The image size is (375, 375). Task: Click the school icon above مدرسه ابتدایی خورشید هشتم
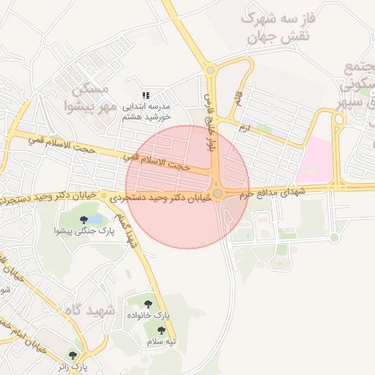146,95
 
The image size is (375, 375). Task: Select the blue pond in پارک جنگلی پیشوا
96,218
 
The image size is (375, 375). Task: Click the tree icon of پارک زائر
73,354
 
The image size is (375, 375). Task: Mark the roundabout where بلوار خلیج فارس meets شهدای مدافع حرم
217,193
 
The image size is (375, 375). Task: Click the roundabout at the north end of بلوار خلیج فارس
210,70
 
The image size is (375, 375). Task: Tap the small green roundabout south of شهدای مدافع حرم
334,237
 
